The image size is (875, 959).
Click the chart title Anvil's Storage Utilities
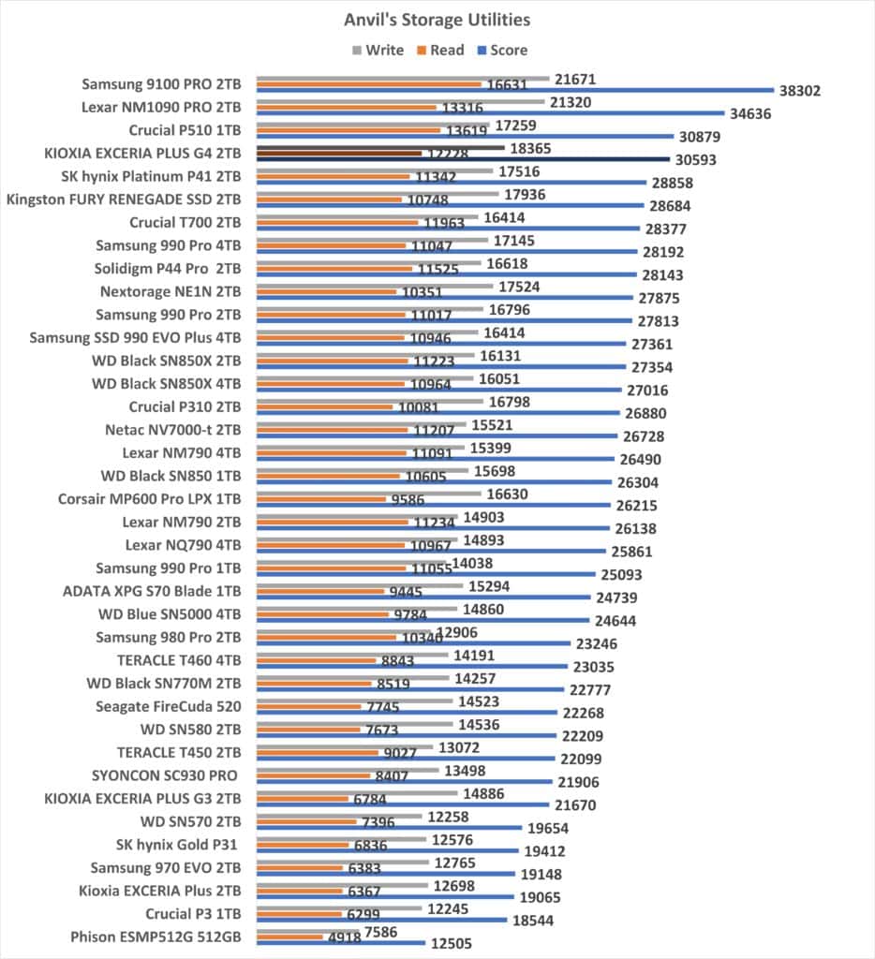pos(437,21)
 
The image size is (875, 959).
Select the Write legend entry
pos(378,51)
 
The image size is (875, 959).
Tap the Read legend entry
pos(440,51)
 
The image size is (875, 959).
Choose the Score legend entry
pos(502,51)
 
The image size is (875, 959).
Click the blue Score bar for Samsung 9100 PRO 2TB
pos(515,90)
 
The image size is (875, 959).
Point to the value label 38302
pos(800,91)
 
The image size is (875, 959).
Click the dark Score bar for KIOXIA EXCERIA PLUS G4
pos(463,159)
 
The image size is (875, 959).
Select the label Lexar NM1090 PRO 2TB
pos(161,107)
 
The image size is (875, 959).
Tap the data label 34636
pos(750,113)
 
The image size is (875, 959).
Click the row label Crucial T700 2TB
pos(185,222)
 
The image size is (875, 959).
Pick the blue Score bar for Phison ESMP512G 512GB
pos(341,942)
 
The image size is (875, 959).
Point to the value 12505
pos(451,943)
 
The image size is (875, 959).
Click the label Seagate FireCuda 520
pos(169,706)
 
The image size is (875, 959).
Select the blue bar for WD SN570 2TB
pos(390,828)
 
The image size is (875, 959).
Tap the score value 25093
pos(621,574)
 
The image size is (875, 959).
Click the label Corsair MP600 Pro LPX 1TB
pos(149,499)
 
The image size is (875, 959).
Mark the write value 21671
pos(575,79)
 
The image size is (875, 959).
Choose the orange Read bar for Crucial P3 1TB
pos(299,914)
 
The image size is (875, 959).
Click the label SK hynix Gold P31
pos(176,845)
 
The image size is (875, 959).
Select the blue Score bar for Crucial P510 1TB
pos(466,136)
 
